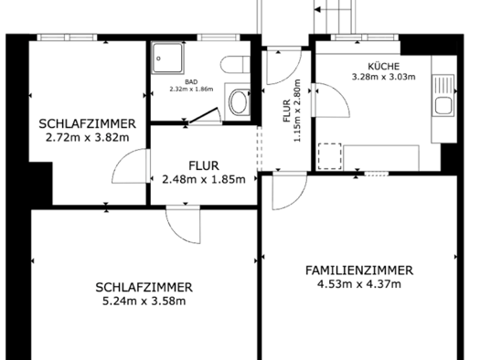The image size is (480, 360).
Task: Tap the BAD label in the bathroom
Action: tap(191, 82)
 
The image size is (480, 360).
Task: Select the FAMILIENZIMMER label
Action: tap(359, 270)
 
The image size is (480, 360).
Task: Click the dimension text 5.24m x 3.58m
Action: tap(144, 302)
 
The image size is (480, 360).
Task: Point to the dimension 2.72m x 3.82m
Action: tap(87, 138)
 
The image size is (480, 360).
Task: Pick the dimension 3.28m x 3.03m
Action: tap(384, 77)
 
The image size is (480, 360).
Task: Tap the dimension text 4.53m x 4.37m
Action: tap(359, 284)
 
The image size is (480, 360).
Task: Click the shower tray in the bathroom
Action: tap(167, 58)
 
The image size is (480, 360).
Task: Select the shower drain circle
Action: tap(158, 58)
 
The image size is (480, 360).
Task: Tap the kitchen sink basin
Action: tap(443, 105)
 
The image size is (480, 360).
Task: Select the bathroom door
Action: tap(204, 115)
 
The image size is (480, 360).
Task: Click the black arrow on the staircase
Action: tap(318, 10)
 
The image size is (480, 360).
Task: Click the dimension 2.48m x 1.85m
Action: tap(204, 179)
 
